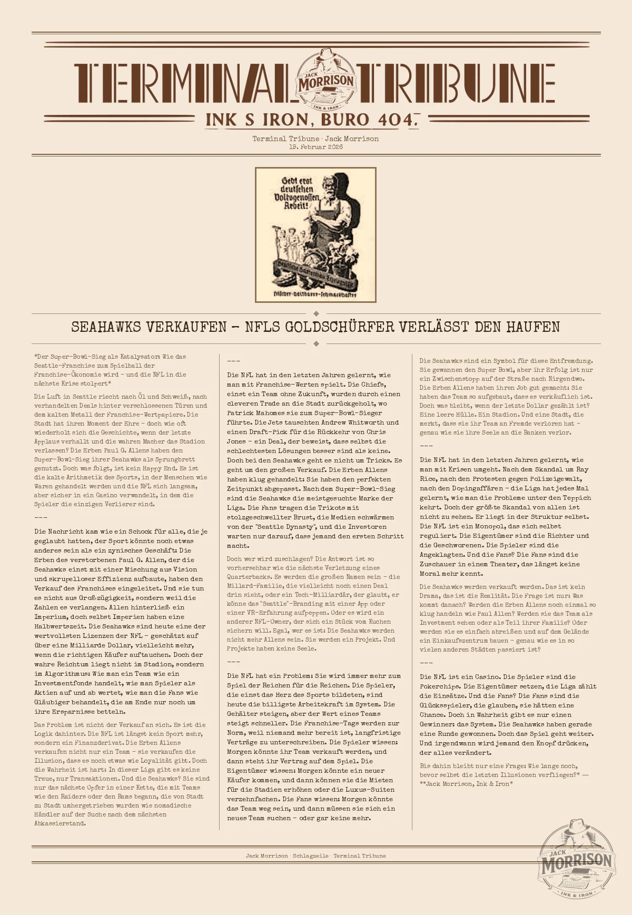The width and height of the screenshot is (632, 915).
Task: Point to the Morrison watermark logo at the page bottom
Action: click(577, 861)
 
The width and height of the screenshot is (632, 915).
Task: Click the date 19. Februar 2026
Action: click(315, 147)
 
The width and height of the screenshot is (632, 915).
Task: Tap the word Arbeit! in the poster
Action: click(296, 205)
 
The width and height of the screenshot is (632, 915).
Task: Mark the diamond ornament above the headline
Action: click(316, 313)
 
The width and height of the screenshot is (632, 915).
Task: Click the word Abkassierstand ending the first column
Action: click(60, 823)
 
